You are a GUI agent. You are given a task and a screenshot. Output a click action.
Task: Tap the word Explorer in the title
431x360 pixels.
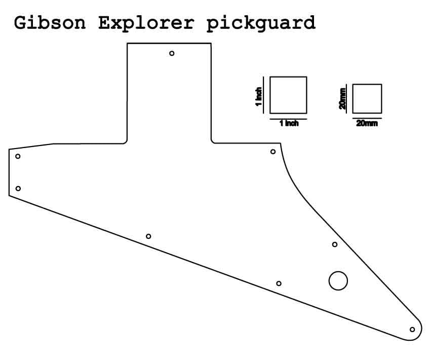click(x=145, y=23)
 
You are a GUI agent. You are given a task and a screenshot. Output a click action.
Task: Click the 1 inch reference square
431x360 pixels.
click(x=288, y=95)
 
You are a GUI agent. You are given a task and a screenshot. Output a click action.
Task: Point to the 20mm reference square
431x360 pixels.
click(x=367, y=98)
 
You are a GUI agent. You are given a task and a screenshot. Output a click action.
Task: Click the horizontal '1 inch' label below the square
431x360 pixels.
click(x=289, y=123)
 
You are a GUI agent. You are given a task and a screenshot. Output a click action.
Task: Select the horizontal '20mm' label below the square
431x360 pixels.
click(x=367, y=123)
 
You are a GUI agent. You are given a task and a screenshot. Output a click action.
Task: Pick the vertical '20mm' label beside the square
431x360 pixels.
click(x=343, y=98)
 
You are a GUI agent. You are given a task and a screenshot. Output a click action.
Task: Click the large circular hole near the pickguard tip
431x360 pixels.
click(x=338, y=280)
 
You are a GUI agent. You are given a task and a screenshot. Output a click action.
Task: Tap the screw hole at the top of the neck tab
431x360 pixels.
click(x=172, y=53)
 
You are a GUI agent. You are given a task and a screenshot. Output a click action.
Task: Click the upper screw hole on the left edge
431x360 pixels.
click(x=18, y=156)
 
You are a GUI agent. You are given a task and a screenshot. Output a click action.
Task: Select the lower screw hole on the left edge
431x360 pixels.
click(x=18, y=189)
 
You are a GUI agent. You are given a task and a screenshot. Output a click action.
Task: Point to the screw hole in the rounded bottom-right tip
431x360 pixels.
click(x=412, y=330)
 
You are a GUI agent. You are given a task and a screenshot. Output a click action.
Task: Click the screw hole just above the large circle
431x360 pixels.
click(x=335, y=244)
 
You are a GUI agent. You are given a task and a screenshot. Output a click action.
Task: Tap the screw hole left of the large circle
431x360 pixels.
click(x=279, y=283)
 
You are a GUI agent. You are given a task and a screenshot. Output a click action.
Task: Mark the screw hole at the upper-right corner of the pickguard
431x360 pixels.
click(x=273, y=152)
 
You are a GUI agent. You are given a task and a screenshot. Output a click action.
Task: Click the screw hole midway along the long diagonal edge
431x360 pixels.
click(x=148, y=236)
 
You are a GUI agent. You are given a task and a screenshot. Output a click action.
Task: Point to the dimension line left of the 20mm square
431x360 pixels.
click(x=347, y=98)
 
